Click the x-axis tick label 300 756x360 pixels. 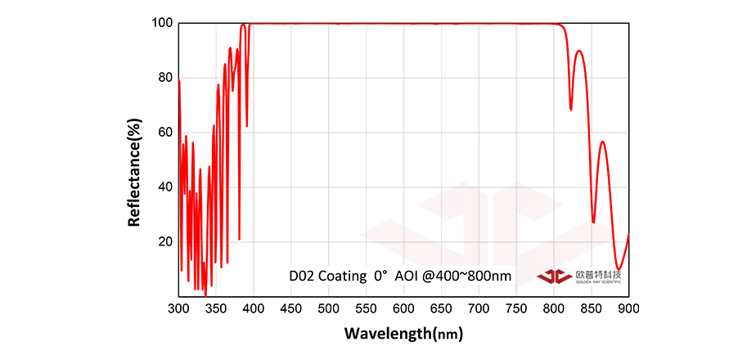[178, 308]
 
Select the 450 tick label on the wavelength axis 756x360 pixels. [290, 308]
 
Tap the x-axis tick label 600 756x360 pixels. [403, 308]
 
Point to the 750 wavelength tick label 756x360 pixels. [515, 308]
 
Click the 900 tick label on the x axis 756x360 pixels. [628, 308]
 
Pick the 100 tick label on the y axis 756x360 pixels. [161, 23]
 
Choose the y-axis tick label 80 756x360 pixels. [164, 78]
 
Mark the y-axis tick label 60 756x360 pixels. [164, 133]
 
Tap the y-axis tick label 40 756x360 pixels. [164, 187]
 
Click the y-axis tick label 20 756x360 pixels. [164, 242]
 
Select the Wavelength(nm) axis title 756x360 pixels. [403, 333]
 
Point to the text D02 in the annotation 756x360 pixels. [301, 276]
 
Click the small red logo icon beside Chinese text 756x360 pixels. [554, 276]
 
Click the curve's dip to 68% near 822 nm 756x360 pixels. [571, 110]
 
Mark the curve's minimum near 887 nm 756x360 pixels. [619, 268]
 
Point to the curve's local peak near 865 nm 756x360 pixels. [602, 142]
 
